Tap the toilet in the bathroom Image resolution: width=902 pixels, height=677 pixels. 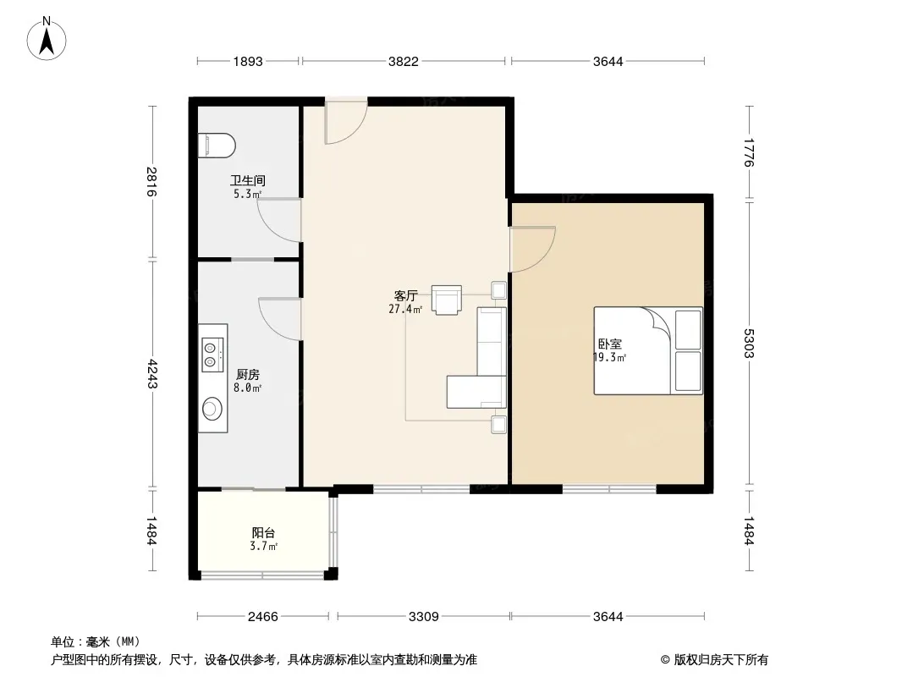point(217,146)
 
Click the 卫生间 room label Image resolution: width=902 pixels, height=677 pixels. point(248,180)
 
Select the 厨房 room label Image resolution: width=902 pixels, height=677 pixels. point(248,375)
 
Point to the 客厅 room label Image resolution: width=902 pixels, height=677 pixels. point(405,295)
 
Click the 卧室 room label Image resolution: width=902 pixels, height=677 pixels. point(610,344)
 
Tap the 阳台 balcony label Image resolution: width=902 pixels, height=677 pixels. point(263,532)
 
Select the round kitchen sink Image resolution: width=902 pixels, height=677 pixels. point(212,408)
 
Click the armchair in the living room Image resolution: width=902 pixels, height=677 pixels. point(447,300)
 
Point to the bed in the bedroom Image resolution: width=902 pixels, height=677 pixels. point(648,350)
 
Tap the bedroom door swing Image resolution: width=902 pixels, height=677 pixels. point(533,249)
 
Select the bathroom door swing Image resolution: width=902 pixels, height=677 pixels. point(279,220)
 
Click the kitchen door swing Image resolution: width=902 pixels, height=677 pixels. point(280,319)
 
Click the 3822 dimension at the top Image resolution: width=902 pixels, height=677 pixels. point(404,61)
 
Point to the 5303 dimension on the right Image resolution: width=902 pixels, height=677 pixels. point(748,344)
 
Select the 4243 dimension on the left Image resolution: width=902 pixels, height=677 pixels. point(151,374)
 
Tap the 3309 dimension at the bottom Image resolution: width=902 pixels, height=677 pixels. point(423,617)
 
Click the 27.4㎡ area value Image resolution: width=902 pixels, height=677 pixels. point(405,309)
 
